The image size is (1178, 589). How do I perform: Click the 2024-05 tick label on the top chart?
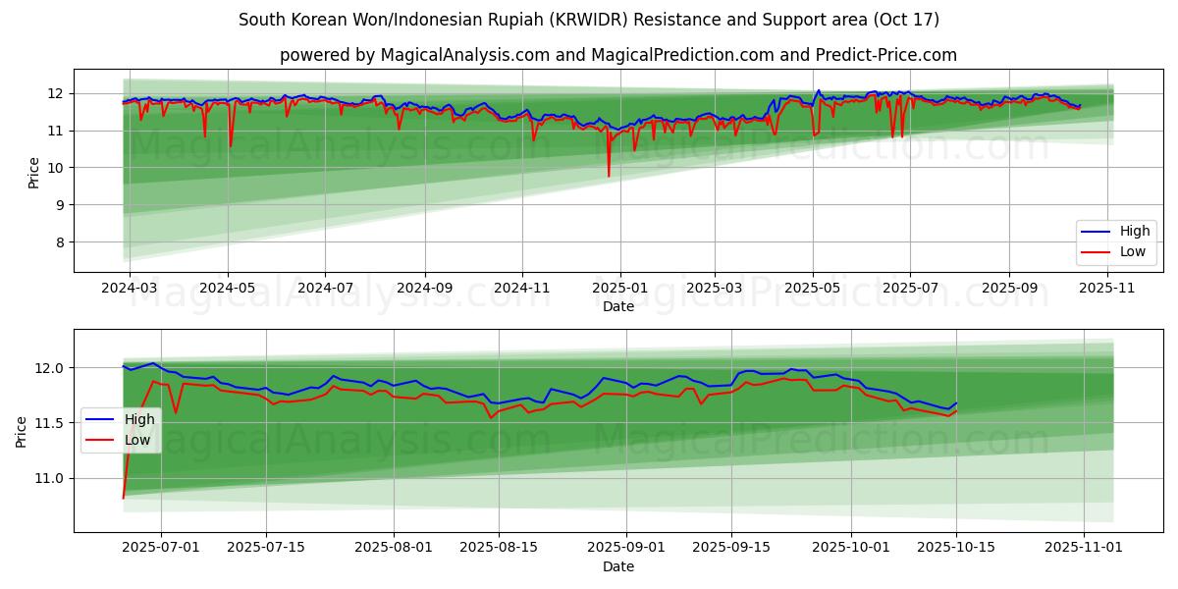(x=228, y=289)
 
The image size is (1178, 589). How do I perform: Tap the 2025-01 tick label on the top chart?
(x=619, y=289)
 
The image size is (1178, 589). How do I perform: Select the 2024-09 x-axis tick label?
(x=424, y=289)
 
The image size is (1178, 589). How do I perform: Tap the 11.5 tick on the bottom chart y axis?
(x=50, y=423)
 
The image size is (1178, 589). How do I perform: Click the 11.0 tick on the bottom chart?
(x=50, y=478)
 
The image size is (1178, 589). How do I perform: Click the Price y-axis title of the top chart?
(x=34, y=172)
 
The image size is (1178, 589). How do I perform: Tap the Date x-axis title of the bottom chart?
(x=618, y=566)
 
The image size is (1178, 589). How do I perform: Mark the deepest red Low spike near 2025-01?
(x=609, y=176)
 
